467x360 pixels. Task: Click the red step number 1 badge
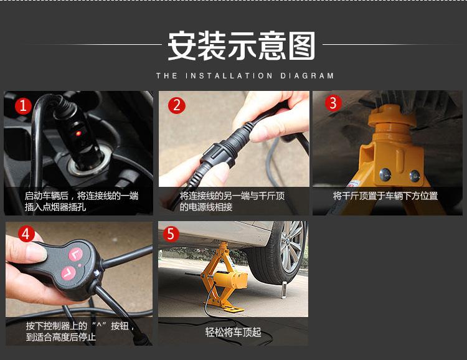point(23,105)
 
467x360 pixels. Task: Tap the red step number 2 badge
point(177,105)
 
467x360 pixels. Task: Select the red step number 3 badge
point(333,103)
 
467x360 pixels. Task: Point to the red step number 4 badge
point(26,234)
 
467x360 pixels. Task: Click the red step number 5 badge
point(171,234)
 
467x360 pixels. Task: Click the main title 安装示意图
point(242,47)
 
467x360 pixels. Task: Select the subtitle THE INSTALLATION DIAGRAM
point(245,76)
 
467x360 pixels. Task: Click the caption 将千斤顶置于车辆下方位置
point(385,196)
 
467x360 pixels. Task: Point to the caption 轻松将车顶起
point(233,332)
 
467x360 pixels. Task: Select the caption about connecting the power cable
point(232,201)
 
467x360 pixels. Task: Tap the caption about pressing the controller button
point(80,331)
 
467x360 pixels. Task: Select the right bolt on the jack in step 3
point(414,176)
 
